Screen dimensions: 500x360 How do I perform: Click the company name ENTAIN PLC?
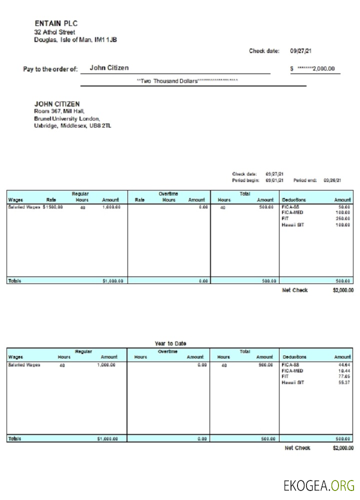pos(56,23)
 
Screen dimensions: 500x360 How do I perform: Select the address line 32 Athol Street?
pos(54,32)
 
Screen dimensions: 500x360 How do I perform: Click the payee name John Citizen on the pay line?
pos(109,68)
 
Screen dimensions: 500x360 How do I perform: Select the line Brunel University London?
pos(67,119)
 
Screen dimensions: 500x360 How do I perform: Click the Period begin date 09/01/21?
pos(274,180)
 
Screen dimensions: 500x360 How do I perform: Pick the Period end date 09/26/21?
pos(332,180)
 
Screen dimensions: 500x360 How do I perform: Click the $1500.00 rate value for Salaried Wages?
pos(53,206)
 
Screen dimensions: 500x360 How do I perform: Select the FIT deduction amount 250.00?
pos(342,218)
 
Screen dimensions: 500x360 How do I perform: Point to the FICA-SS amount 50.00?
pos(343,206)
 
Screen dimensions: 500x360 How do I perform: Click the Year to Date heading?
pos(170,343)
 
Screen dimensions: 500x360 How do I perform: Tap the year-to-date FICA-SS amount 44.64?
pos(344,365)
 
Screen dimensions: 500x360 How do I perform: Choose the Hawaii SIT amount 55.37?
pos(344,382)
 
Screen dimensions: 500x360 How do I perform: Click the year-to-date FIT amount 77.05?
pos(344,376)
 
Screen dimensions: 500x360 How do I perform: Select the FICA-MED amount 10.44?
pos(344,371)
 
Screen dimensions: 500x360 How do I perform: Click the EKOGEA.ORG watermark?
pos(318,485)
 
